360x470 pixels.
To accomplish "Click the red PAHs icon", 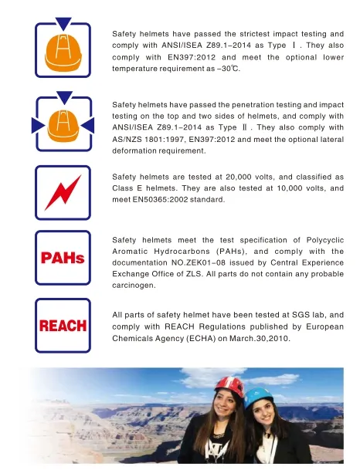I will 63,257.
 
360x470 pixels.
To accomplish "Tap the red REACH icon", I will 63,325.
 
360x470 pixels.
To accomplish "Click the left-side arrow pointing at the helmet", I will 38,124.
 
